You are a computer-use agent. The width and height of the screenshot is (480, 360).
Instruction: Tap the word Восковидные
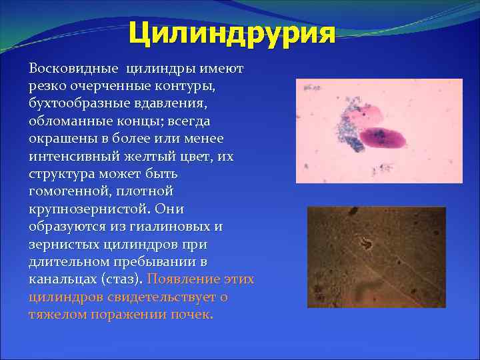click(x=64, y=68)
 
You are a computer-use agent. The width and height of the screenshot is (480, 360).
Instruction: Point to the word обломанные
click(x=64, y=120)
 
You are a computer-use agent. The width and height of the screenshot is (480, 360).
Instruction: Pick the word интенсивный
click(x=69, y=155)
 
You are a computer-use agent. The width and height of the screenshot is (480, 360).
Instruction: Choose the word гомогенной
click(x=64, y=191)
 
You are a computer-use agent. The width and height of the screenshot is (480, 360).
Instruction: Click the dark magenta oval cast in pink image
click(x=381, y=137)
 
